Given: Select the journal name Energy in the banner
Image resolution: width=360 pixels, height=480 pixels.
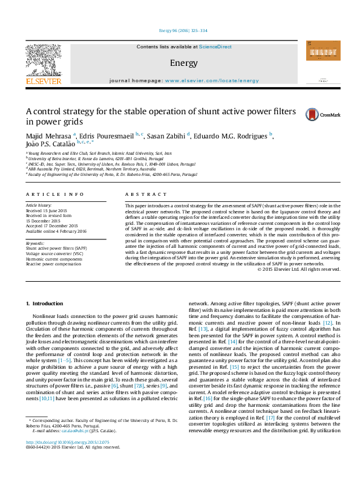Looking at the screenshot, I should (x=180, y=63).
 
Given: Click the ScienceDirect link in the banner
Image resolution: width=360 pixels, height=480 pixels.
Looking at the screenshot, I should (x=216, y=47).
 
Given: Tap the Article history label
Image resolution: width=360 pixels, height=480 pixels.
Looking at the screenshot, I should (x=39, y=206).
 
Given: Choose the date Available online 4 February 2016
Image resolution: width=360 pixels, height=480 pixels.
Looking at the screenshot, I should (x=56, y=231).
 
